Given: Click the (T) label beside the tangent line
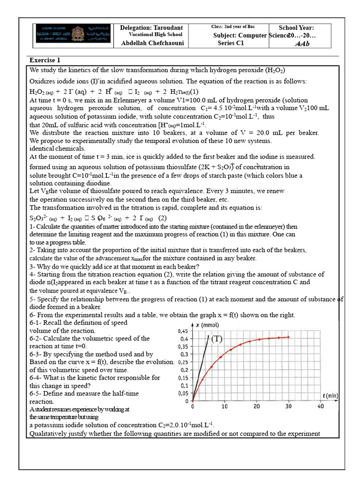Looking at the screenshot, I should [x=217, y=339].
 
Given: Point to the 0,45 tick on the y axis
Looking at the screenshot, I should [x=183, y=331].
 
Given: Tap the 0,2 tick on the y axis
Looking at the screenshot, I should [x=184, y=370].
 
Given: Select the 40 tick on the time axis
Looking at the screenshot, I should [x=321, y=406].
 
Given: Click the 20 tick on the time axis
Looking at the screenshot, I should [x=256, y=406].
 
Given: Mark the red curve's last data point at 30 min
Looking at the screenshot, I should [x=288, y=337].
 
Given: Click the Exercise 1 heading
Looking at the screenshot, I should [x=45, y=60].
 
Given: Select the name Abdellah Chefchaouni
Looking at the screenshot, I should [x=151, y=43].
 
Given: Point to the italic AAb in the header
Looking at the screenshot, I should [x=302, y=44].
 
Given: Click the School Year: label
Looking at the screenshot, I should [x=296, y=28].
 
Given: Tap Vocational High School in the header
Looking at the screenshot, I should [x=155, y=35].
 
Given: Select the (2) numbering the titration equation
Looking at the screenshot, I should [x=162, y=218].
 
